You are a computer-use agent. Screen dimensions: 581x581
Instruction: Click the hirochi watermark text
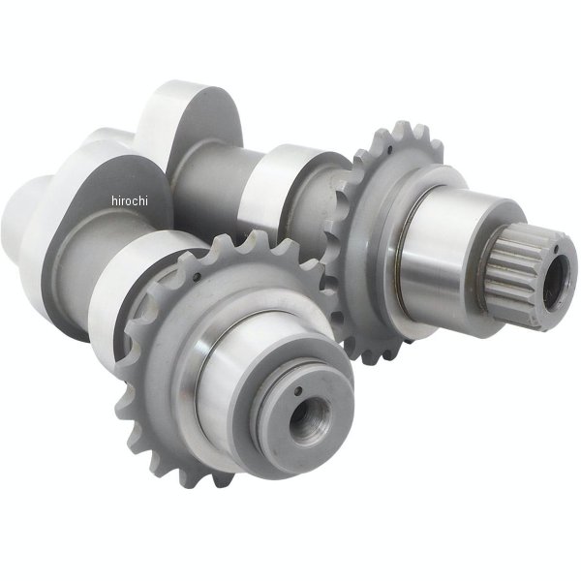click(130, 200)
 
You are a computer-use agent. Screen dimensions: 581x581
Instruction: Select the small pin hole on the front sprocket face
click(198, 276)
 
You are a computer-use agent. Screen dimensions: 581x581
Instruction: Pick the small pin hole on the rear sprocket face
click(391, 150)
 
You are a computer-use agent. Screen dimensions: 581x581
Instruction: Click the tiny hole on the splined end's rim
click(557, 248)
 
